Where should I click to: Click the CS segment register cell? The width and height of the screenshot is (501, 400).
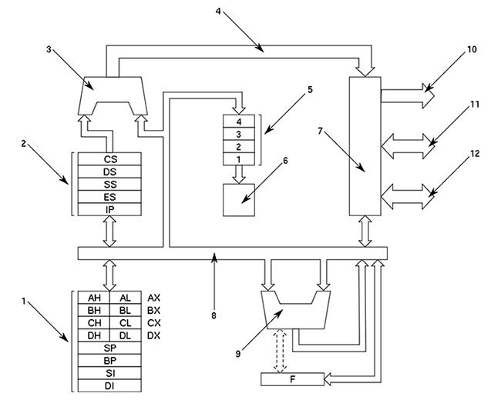pos(109,158)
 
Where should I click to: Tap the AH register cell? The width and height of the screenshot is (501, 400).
pos(94,297)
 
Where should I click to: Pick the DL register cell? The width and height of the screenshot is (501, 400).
pos(126,336)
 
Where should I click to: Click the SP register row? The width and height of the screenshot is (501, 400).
pos(109,349)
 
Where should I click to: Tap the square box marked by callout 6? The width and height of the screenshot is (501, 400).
pos(238,199)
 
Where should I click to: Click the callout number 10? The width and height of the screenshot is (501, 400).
pos(472,49)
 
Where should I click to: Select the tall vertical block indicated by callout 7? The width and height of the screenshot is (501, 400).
pos(365,146)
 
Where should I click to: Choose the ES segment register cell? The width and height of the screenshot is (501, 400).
pos(109,197)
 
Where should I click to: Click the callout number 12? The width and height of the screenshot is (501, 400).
pos(475,153)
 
